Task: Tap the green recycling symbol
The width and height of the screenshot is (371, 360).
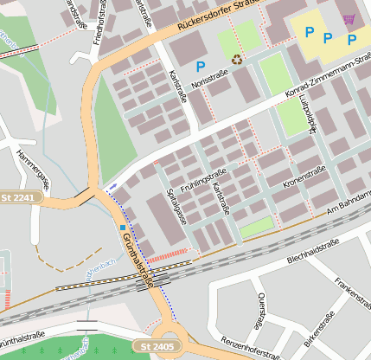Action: (236, 59)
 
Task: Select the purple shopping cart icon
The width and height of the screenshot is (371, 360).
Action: (349, 18)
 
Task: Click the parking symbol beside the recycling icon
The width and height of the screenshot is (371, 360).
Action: (201, 66)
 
